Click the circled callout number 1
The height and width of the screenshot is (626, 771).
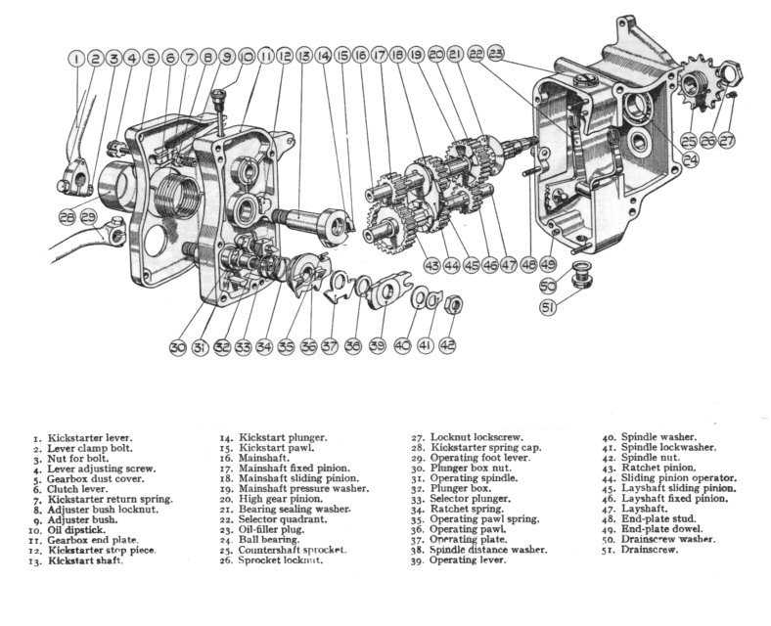76,59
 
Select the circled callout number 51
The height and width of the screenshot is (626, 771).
548,307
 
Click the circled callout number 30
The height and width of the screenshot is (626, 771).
176,346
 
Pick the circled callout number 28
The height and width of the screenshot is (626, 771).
67,216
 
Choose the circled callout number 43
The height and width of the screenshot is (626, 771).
431,265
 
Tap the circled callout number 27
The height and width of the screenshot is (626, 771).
726,141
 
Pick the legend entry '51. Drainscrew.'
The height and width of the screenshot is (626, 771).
645,550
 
